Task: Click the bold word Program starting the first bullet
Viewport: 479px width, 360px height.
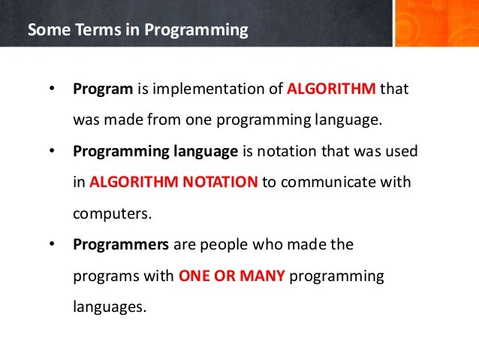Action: point(103,89)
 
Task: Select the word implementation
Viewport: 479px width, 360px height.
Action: point(200,89)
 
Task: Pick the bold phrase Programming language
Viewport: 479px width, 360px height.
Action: point(155,151)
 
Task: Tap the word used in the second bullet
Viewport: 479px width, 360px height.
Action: point(402,151)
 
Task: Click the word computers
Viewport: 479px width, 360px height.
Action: point(112,213)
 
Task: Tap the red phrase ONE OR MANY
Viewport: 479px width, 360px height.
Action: point(231,275)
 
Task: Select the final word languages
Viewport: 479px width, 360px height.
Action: point(107,307)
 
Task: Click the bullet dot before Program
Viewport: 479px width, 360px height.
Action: point(52,89)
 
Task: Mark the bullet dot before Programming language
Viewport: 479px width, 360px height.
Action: point(52,151)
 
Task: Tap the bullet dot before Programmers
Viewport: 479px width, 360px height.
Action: point(52,244)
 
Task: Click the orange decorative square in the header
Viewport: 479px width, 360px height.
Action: point(435,23)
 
